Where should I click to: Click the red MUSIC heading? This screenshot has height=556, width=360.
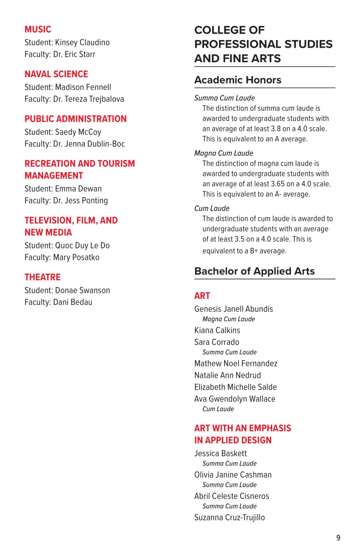[x=38, y=30]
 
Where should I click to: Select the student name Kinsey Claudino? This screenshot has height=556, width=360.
[x=82, y=42]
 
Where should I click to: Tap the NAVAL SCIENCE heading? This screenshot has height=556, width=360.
[x=56, y=74]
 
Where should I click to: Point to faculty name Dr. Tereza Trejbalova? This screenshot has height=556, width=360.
[x=88, y=99]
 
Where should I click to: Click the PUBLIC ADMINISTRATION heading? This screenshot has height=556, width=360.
[x=75, y=119]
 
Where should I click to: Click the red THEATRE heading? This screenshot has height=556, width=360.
[x=42, y=277]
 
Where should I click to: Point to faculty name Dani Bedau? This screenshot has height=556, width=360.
[x=74, y=302]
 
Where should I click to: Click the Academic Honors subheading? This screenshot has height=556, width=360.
[x=238, y=80]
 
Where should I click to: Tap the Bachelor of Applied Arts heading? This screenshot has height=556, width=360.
[x=255, y=271]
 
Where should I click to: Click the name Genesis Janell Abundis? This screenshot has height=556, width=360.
[x=234, y=309]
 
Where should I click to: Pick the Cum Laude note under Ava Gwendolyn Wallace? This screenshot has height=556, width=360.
[x=218, y=409]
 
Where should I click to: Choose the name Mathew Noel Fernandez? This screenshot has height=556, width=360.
[x=235, y=363]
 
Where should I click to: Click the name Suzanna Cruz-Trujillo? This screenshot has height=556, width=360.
[x=230, y=517]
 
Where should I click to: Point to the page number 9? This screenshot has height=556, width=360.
[x=338, y=538]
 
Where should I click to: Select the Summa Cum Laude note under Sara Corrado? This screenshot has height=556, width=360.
[x=230, y=352]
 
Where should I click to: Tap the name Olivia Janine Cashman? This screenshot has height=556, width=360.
[x=233, y=475]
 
